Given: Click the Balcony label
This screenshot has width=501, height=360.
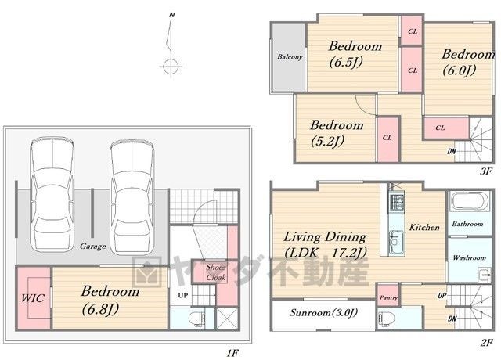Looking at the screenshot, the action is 290,57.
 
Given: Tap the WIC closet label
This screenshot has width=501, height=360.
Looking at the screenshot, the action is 33,298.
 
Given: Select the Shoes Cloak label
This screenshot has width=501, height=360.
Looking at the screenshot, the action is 216,272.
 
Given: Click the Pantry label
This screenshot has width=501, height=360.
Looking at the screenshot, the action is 388,297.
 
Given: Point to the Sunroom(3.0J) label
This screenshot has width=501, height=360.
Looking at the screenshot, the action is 323,312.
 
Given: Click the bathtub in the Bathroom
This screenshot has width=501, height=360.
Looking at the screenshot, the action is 469,202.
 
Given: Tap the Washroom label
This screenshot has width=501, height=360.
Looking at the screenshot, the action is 470,257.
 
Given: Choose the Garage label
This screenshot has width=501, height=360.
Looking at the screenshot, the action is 92,247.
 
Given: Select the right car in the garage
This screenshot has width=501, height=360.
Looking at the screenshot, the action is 132,198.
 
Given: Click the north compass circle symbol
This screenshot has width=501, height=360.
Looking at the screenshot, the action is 171,67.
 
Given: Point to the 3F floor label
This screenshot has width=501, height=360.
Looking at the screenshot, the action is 485,171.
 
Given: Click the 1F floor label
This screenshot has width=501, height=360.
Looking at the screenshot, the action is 232,353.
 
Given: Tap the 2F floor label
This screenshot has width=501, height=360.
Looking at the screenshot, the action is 486,343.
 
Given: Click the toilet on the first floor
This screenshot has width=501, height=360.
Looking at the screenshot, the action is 195,319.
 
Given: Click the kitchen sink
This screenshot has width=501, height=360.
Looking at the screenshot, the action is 397,239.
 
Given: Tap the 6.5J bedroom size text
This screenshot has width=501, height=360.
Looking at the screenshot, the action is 346,62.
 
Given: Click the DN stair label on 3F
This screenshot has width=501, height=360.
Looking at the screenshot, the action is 452,151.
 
